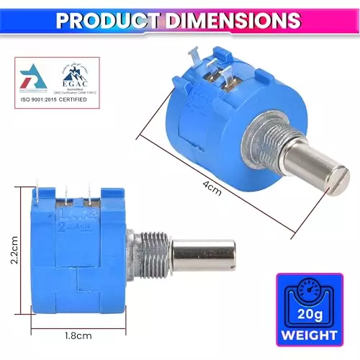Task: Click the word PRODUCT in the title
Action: pos(108,19)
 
